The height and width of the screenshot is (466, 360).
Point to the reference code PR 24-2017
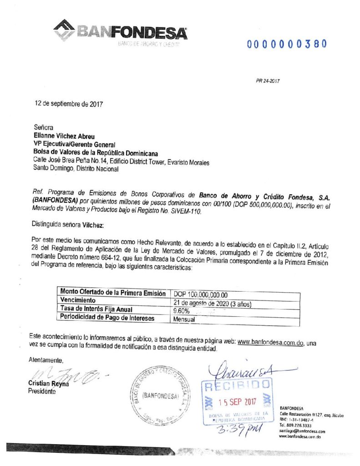tap(268, 81)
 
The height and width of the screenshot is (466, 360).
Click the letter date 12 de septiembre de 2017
tap(69, 103)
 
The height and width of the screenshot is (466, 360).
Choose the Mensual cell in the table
tap(184, 319)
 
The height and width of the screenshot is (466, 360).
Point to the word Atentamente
tap(46, 360)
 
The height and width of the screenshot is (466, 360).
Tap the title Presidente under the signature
tap(42, 391)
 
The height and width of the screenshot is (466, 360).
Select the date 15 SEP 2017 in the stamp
tap(238, 402)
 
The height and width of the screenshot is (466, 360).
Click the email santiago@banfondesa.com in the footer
tap(303, 431)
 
